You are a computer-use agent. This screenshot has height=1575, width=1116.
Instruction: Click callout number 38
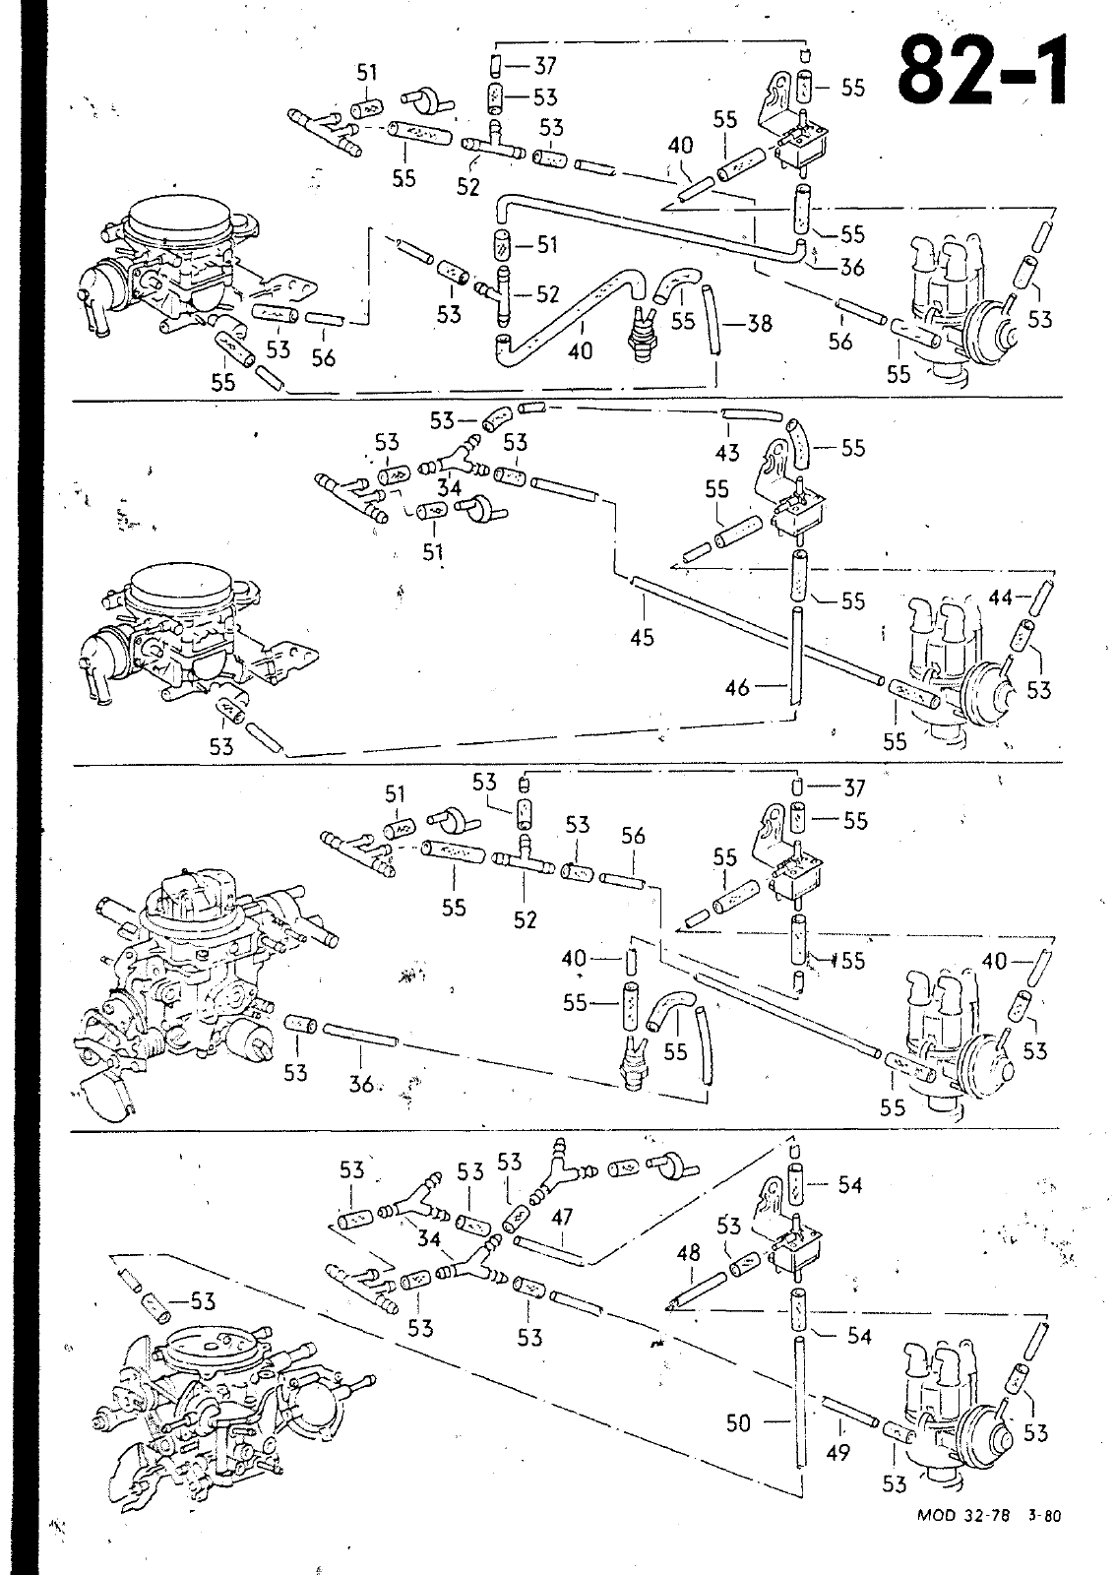[x=759, y=323]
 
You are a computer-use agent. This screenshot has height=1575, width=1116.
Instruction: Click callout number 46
[x=738, y=688]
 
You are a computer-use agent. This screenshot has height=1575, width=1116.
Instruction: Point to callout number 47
[x=562, y=1217]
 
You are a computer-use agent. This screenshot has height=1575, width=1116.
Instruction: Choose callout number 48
[x=689, y=1253]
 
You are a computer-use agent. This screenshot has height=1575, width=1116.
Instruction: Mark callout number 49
[x=837, y=1452]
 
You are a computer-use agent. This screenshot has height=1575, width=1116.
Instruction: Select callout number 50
[x=739, y=1421]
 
